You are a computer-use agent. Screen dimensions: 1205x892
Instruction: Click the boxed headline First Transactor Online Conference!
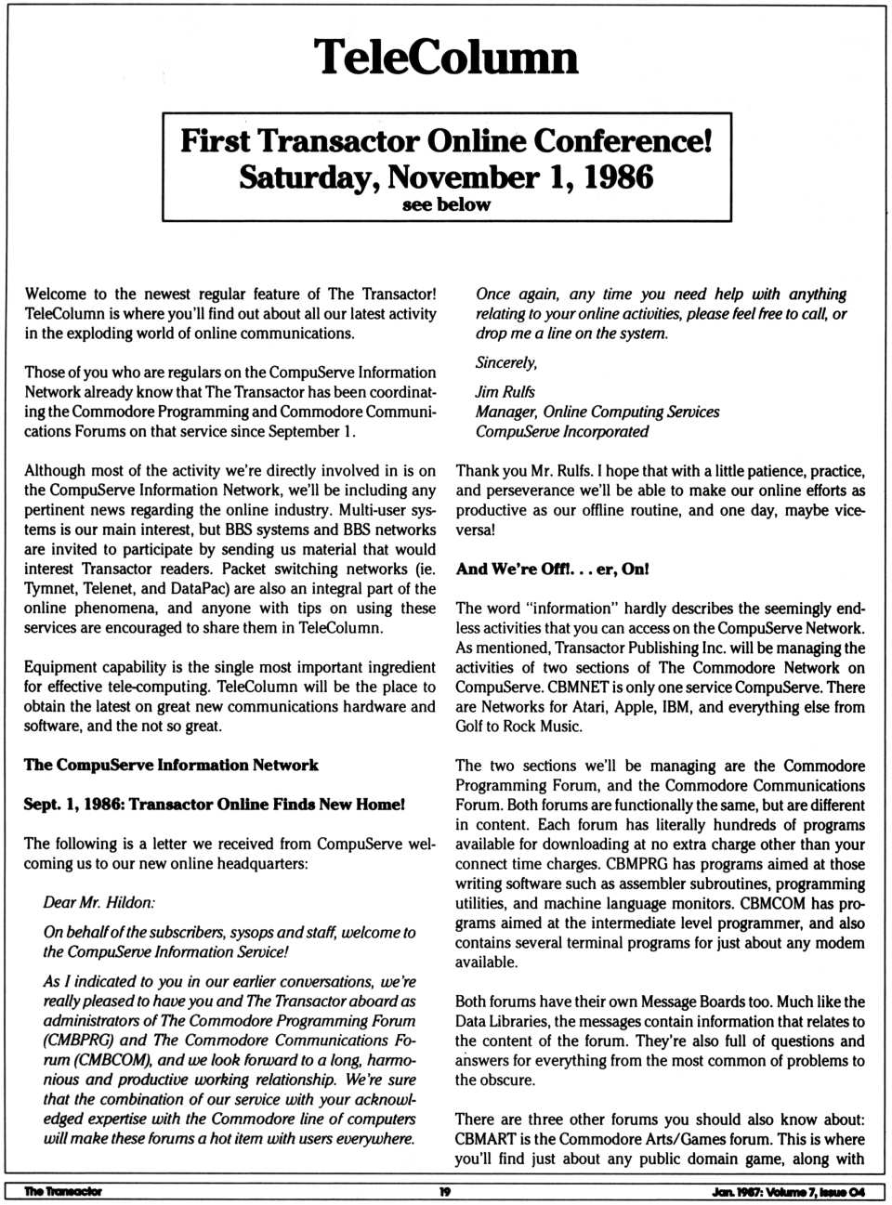tap(446, 141)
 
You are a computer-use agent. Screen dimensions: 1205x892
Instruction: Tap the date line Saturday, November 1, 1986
tap(446, 177)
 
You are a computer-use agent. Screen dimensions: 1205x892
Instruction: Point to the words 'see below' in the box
tap(446, 204)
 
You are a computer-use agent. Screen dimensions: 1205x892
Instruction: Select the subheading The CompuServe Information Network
tap(171, 765)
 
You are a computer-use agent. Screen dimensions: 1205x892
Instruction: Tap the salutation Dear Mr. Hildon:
tap(99, 902)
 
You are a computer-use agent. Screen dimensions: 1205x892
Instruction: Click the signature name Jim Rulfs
tap(505, 392)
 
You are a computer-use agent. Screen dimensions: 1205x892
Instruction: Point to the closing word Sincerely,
tap(506, 362)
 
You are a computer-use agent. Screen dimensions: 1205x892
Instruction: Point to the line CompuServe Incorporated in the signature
tap(562, 431)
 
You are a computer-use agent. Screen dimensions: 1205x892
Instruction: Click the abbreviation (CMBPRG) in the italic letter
tap(81, 1041)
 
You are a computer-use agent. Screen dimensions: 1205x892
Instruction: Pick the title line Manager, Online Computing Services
tap(597, 412)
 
